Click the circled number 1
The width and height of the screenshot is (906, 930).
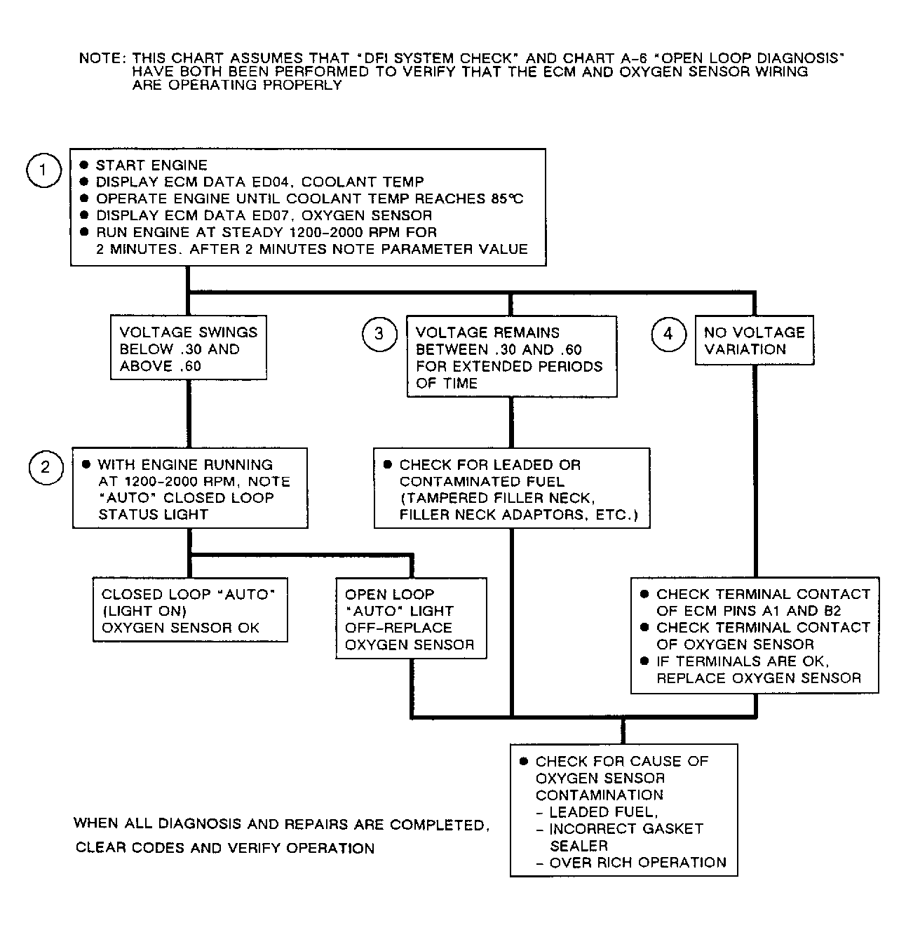tap(43, 170)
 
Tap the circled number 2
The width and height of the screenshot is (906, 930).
tap(46, 466)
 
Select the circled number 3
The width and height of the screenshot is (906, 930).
tap(379, 334)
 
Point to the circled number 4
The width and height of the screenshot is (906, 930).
tap(668, 334)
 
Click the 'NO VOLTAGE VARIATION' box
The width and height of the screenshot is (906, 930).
tap(754, 341)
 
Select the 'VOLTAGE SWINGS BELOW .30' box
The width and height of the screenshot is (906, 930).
tap(189, 349)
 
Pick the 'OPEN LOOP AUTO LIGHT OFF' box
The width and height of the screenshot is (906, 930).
tap(411, 619)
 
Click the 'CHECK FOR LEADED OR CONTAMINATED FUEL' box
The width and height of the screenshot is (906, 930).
tap(512, 489)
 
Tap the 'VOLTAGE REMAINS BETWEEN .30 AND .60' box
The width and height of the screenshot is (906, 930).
tap(512, 357)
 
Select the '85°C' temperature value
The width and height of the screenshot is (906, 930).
tap(507, 198)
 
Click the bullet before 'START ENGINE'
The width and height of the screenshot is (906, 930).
tap(84, 166)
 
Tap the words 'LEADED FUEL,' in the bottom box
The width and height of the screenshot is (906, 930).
tap(604, 812)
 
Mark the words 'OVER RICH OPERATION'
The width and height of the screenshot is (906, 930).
tap(637, 863)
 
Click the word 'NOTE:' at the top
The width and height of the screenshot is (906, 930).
tap(102, 59)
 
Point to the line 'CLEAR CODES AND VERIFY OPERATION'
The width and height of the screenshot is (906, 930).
tap(225, 848)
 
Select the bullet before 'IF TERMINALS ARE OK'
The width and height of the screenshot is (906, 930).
tap(645, 661)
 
